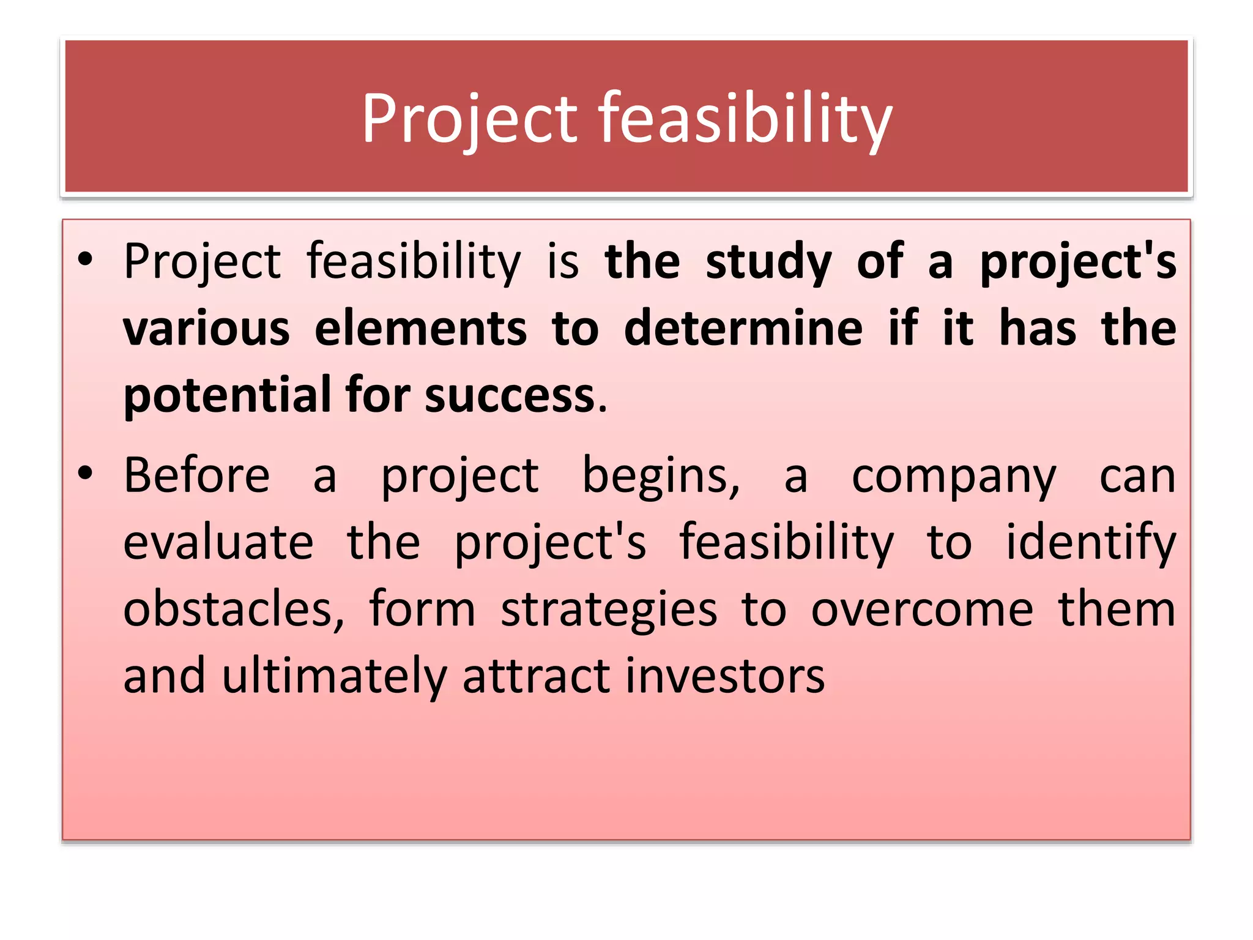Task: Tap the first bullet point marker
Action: (x=85, y=259)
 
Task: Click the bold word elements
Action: (x=420, y=329)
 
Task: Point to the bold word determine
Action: (x=743, y=329)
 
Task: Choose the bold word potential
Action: (x=227, y=397)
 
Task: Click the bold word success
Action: (x=510, y=397)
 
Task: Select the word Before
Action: (x=196, y=476)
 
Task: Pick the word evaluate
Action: (x=218, y=543)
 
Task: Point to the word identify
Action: (x=1091, y=544)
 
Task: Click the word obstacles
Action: (x=234, y=610)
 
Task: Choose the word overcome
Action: (x=922, y=611)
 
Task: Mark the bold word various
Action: (x=206, y=329)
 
